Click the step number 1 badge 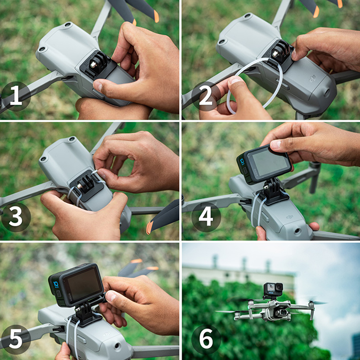click(16, 96)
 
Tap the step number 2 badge click(206, 96)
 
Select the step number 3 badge click(16, 217)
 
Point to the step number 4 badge click(206, 217)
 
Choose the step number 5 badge click(16, 339)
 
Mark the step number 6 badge click(206, 339)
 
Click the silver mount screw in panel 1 click(93, 64)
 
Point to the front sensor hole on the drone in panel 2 click(327, 92)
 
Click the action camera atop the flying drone click(273, 290)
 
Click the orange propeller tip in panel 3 click(149, 227)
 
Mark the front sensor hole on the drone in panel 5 click(117, 346)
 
